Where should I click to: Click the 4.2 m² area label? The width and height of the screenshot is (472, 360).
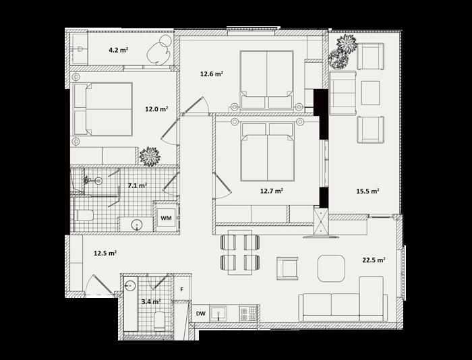pos(119,50)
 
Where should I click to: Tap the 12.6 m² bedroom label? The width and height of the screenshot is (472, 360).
pos(212,73)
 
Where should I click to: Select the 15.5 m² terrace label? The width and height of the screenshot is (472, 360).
pos(367,191)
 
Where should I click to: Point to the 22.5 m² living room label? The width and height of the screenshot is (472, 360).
pos(374,260)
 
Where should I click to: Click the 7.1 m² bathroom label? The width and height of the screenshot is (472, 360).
pos(138,185)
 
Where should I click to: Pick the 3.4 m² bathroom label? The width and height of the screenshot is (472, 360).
pos(151,301)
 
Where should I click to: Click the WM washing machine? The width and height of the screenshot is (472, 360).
pos(166,218)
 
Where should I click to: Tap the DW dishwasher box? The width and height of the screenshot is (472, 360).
pos(201,313)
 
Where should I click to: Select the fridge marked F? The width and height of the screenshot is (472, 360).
pos(182,289)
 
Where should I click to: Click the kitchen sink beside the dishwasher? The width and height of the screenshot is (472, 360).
pos(218,314)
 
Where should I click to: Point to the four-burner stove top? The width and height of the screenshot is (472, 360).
pos(248,313)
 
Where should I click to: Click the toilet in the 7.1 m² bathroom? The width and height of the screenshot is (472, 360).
pos(84,215)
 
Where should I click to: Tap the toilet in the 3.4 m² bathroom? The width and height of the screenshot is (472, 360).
pos(160,321)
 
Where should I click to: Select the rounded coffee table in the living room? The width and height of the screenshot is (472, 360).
pos(331,268)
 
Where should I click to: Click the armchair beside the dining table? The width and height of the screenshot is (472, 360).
pos(287,268)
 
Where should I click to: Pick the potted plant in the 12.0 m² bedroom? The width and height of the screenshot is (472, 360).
pos(150,156)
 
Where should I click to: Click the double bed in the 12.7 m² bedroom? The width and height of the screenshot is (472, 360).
pos(267,152)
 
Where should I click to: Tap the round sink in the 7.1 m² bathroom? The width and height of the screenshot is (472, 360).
pos(138,224)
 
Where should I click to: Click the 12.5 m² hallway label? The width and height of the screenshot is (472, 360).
pos(105,253)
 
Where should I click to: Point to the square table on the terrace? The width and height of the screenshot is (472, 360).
pos(371,93)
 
